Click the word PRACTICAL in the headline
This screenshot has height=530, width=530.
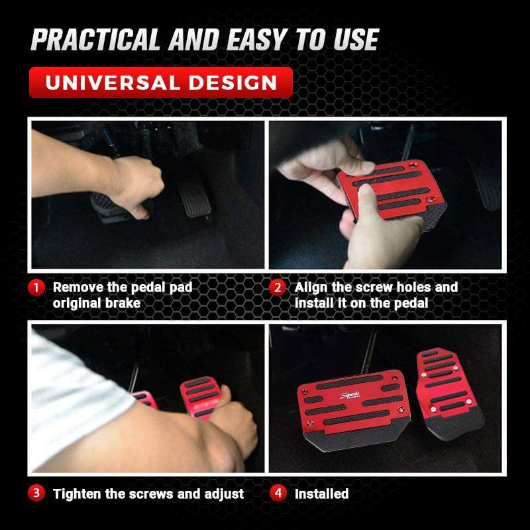point(95,39)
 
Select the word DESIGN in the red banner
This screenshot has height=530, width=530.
point(233,83)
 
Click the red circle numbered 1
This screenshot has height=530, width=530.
point(36,288)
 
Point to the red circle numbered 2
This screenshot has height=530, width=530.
point(278,288)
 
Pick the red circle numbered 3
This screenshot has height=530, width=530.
point(36,493)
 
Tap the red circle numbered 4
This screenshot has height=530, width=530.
point(278,493)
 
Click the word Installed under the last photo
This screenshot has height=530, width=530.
point(321,494)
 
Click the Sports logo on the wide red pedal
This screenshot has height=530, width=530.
point(350,395)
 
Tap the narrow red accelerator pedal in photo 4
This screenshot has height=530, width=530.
point(449,394)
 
